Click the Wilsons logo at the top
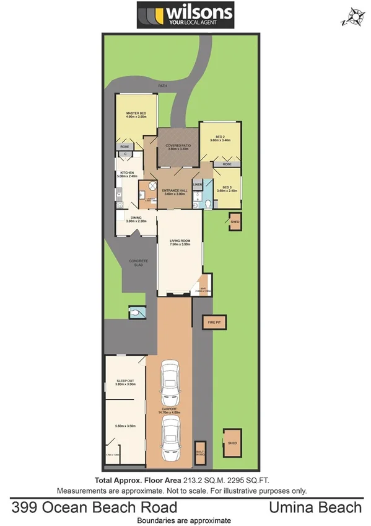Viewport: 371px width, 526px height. (x=186, y=16)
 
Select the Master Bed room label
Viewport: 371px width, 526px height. (x=136, y=115)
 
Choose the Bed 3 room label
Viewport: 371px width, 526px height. (x=224, y=189)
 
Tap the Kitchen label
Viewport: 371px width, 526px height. (x=126, y=174)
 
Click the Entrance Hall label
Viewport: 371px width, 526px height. (x=174, y=192)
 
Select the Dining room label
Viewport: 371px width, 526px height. (x=136, y=219)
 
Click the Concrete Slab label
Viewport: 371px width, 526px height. (x=138, y=263)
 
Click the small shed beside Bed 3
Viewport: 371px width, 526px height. (x=235, y=221)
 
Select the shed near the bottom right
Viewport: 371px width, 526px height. (x=232, y=442)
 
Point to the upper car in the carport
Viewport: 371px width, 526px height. (x=170, y=380)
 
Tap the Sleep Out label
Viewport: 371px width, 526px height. (x=125, y=383)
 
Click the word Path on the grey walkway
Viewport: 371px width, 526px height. (x=163, y=86)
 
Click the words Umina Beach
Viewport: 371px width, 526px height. (x=315, y=508)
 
